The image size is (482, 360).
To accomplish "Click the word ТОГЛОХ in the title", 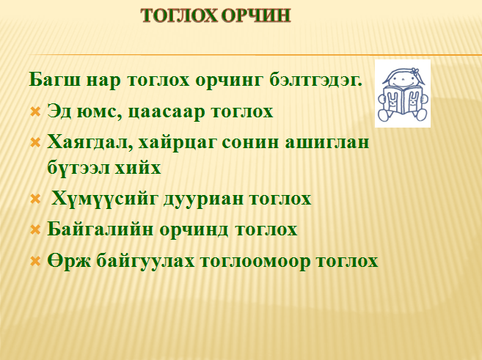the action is click(180, 15).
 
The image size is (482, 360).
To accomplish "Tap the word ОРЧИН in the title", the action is click(256, 15).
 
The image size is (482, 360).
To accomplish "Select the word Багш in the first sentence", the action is click(55, 80).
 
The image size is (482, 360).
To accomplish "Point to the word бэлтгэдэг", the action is click(316, 81).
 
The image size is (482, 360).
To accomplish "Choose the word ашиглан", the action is click(326, 142).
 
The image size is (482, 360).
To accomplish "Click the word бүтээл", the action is click(78, 168).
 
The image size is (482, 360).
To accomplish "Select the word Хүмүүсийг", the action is click(104, 199).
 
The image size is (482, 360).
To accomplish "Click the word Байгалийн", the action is click(100, 229).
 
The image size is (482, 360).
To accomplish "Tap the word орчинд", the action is click(194, 230).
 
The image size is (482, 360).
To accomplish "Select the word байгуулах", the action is click(145, 261).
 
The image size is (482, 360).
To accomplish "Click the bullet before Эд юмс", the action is click(36, 111).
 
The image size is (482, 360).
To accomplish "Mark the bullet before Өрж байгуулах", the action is click(36, 262).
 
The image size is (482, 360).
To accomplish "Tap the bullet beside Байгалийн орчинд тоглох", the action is click(36, 229).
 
